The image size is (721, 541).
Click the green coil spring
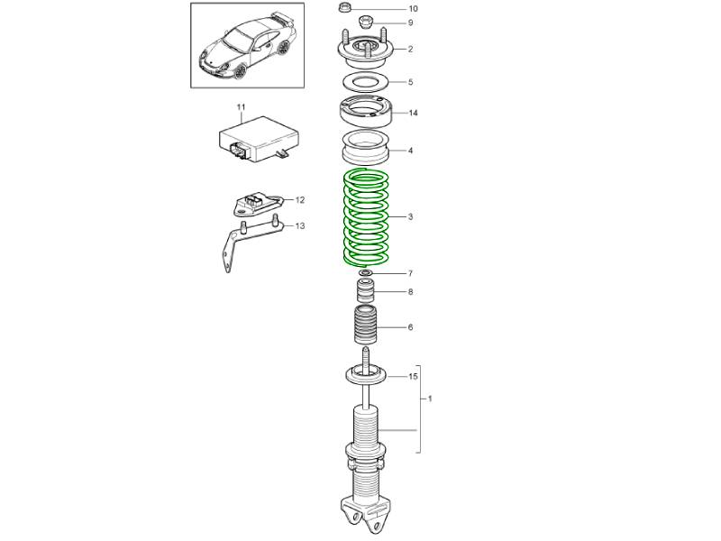[x=367, y=218]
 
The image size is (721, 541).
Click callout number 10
[x=413, y=9]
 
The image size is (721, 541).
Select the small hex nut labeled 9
[x=366, y=22]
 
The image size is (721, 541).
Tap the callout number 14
[x=413, y=113]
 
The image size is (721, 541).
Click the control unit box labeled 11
[x=259, y=139]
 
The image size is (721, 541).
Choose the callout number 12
[x=300, y=200]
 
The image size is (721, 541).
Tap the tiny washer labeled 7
[x=366, y=273]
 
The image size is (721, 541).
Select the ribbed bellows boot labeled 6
[x=366, y=325]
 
